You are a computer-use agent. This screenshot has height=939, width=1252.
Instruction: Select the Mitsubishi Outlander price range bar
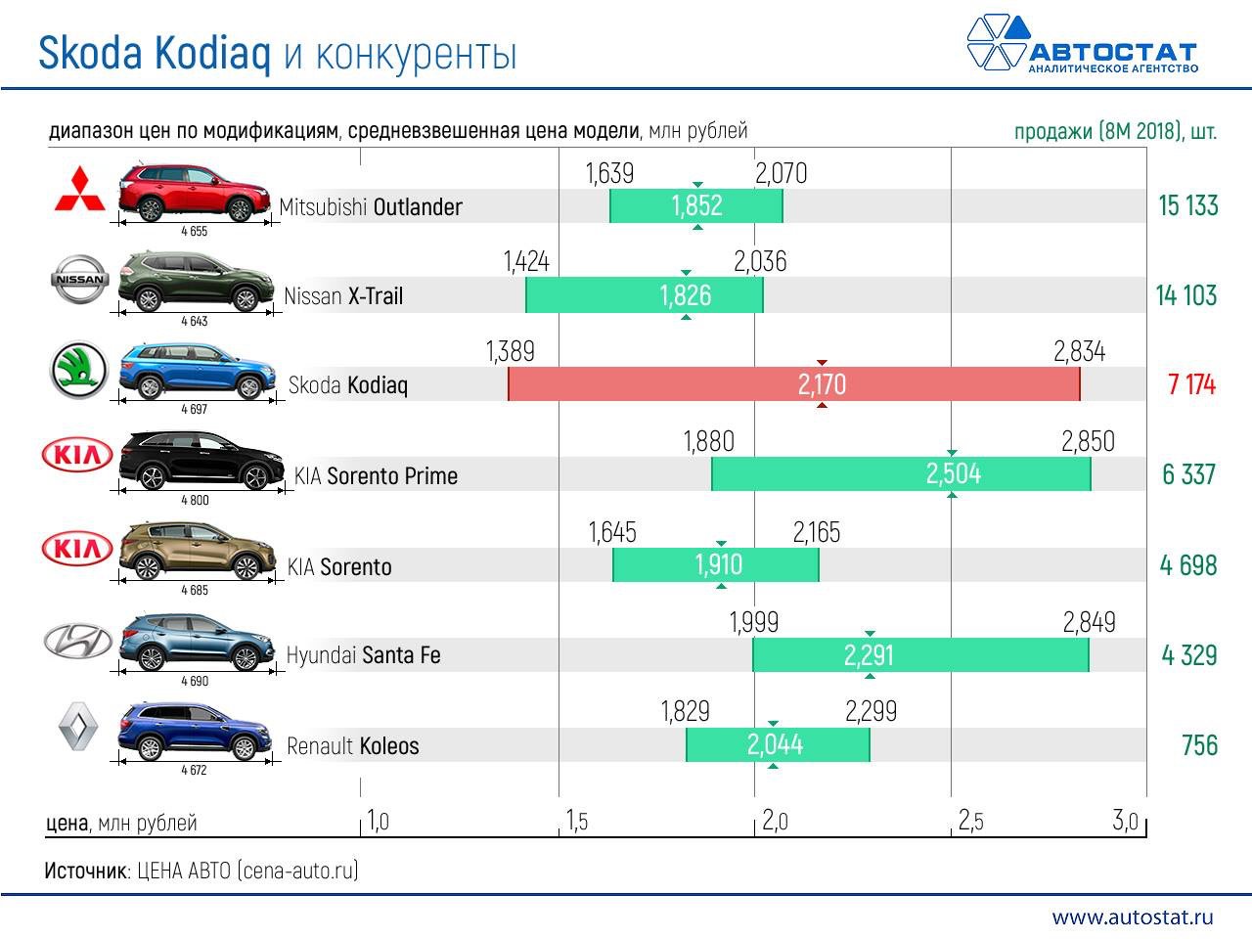coord(695,205)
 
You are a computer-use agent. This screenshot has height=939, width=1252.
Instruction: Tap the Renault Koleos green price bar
coord(777,745)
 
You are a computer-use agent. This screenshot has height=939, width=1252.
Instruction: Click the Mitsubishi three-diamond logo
coord(79,190)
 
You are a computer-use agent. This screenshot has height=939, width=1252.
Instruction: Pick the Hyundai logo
coord(78,641)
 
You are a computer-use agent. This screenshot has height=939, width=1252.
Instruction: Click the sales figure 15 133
coord(1187,205)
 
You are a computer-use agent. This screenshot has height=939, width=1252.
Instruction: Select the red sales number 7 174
coord(1190,384)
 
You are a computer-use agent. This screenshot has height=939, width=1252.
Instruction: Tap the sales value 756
coord(1199,745)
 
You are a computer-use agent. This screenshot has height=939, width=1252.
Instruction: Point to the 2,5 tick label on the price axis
coord(970,821)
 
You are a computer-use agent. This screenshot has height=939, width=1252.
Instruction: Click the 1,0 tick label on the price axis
coord(378,821)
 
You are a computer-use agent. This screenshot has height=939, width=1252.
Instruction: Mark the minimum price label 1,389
coord(511,352)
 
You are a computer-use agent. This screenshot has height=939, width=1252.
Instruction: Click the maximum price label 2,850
coord(1088,441)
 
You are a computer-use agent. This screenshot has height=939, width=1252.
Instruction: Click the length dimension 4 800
coord(195,500)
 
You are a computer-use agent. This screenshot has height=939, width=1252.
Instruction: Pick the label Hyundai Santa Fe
coord(363,655)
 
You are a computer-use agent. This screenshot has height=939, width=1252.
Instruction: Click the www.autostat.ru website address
coord(1132,917)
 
